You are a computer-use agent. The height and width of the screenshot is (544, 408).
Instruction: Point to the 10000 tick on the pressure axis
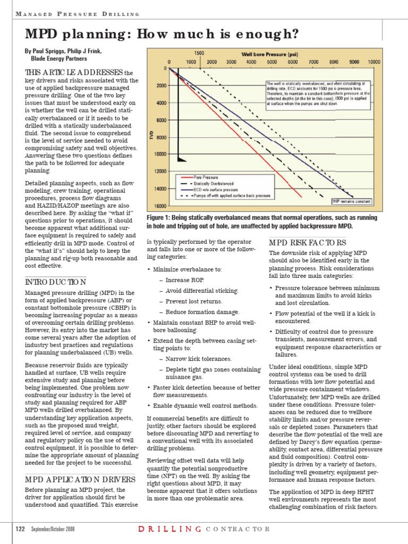[373, 62]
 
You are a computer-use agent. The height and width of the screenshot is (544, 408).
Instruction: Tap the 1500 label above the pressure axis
[199, 54]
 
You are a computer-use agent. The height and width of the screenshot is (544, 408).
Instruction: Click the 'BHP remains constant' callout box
[351, 201]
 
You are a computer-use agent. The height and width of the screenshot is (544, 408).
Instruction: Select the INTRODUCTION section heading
[56, 282]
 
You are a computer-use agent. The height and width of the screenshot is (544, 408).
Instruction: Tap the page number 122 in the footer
[21, 529]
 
